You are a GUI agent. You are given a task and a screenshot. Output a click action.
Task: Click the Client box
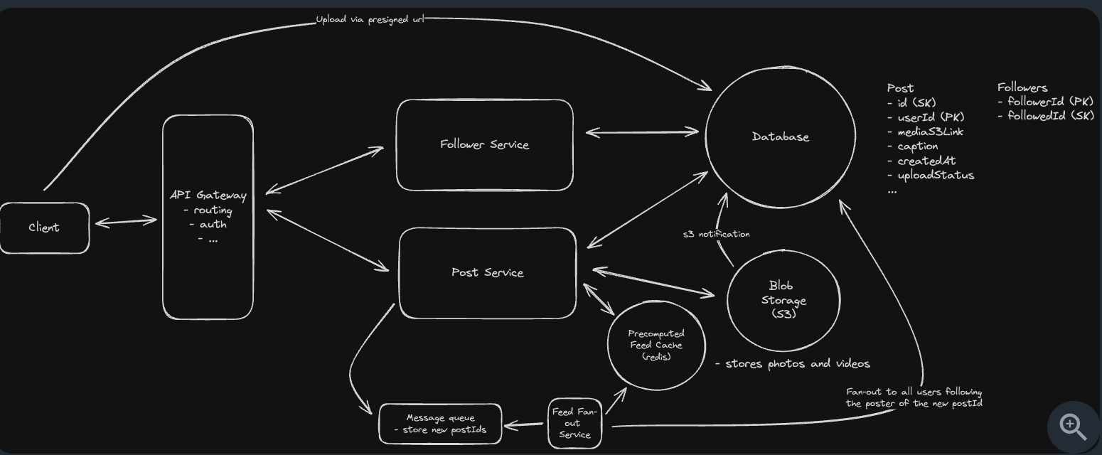[x=44, y=227]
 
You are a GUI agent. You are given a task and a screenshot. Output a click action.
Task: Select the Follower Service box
[x=484, y=145]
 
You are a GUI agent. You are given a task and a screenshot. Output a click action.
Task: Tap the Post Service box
[x=487, y=273]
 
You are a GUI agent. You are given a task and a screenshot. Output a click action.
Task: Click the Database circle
[x=780, y=136]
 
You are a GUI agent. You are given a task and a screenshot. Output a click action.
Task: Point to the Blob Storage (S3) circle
[x=783, y=300]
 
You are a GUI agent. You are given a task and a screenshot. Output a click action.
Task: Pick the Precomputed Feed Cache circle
[x=656, y=345]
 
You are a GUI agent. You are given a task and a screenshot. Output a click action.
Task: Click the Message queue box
[x=440, y=424]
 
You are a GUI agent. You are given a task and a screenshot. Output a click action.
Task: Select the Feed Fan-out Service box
[x=574, y=424]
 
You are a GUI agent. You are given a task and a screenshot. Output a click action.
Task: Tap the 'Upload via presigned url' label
[x=370, y=20]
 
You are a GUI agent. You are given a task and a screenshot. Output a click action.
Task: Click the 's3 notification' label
[x=716, y=234]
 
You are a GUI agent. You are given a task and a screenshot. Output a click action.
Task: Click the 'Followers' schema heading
[x=1022, y=87]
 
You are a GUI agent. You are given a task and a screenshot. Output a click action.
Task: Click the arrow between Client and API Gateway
[x=126, y=223]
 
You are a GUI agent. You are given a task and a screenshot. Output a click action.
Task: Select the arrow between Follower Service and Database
[x=642, y=132]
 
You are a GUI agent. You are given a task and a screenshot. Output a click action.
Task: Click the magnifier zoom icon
[x=1073, y=426]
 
